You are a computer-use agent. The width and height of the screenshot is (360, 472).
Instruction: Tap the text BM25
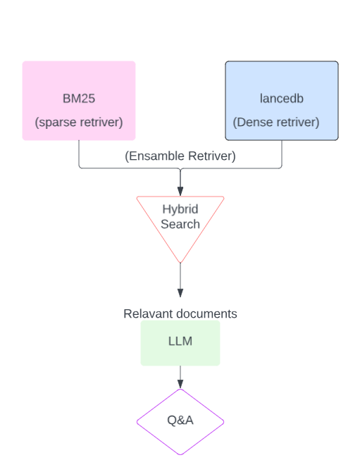pyautogui.click(x=78, y=99)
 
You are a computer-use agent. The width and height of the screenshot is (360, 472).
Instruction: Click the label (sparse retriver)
pyautogui.click(x=78, y=123)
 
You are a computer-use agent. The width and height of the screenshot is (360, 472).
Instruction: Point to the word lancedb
pyautogui.click(x=281, y=99)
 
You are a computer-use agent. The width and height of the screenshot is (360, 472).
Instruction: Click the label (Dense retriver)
pyautogui.click(x=276, y=123)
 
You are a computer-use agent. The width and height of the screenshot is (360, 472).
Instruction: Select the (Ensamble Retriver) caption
pyautogui.click(x=180, y=156)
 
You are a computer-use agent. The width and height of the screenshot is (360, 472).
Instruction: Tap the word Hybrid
pyautogui.click(x=180, y=209)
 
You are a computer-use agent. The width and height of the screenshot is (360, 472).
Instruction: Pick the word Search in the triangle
pyautogui.click(x=180, y=224)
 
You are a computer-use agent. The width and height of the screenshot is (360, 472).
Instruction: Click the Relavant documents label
pyautogui.click(x=180, y=313)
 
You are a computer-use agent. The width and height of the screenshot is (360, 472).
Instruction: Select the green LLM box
pyautogui.click(x=180, y=343)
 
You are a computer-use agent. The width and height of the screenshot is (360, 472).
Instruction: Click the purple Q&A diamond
pyautogui.click(x=180, y=421)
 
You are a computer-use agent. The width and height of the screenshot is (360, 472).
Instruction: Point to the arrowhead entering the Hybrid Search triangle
pyautogui.click(x=180, y=192)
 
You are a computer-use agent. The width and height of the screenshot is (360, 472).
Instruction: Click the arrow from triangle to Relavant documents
pyautogui.click(x=180, y=282)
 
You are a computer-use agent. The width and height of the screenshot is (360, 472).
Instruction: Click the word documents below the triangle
pyautogui.click(x=209, y=313)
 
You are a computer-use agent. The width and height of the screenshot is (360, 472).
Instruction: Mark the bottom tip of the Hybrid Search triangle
pyautogui.click(x=180, y=262)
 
